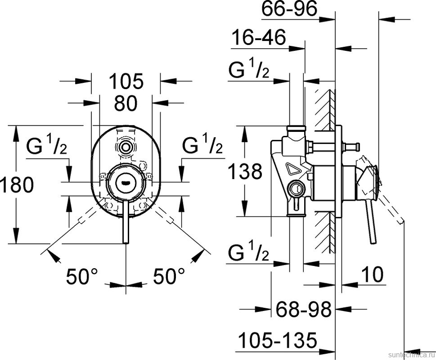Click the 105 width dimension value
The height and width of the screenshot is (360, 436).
click(x=126, y=81)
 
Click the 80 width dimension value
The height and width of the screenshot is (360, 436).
click(x=126, y=104)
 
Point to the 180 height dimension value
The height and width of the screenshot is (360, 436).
click(x=17, y=185)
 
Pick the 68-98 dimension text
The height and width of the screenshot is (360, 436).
click(x=303, y=309)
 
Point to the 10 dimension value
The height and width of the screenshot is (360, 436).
click(x=372, y=274)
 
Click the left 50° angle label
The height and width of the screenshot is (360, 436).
click(x=81, y=276)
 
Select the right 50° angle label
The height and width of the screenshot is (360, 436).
click(x=169, y=276)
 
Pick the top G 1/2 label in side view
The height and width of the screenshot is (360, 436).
click(x=249, y=70)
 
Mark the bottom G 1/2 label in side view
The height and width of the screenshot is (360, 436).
click(x=249, y=253)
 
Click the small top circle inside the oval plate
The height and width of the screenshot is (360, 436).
click(x=126, y=147)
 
